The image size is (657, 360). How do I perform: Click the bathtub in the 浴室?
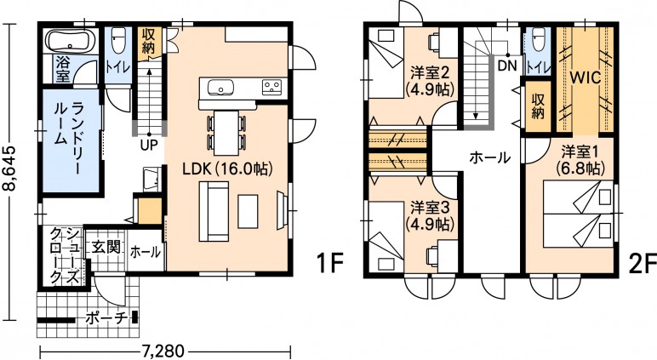(70, 41)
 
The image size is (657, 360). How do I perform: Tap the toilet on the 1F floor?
(118, 41)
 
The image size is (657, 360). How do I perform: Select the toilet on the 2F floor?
(539, 41)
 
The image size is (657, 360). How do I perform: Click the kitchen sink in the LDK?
(220, 88)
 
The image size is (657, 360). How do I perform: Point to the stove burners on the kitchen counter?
(272, 87)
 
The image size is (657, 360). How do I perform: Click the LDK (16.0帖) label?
(227, 169)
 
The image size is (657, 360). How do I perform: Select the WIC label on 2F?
(585, 77)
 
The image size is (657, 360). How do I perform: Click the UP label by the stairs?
(149, 145)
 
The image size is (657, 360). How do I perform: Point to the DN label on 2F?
(507, 66)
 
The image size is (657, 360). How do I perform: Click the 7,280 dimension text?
(161, 350)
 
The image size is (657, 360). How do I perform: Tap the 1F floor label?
(329, 263)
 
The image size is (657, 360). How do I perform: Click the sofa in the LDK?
(214, 211)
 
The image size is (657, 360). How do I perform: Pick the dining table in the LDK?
(226, 133)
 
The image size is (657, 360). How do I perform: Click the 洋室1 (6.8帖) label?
(580, 160)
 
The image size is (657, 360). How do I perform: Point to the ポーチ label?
(106, 319)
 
